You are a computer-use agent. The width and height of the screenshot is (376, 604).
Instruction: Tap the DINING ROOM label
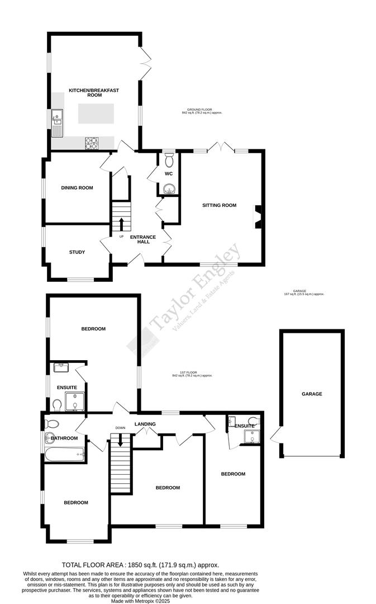pos(77,188)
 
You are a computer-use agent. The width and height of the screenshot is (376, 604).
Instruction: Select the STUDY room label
pos(77,252)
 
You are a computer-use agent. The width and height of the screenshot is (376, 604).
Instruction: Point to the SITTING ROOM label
pos(219,205)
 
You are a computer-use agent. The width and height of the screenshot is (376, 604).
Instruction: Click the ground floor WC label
pos(168,173)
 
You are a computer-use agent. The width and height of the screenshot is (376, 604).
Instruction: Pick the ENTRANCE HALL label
pos(143,240)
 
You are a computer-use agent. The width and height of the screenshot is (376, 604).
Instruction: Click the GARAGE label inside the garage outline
pos(312,394)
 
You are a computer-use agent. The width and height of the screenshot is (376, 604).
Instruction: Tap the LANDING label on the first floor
pos(145,424)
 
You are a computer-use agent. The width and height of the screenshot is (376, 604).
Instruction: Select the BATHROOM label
pos(64,438)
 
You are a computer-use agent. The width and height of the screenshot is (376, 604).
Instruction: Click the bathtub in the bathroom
pos(64,455)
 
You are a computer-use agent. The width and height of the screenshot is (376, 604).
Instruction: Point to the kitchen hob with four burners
pos(91,143)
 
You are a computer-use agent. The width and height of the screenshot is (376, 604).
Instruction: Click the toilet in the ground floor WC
pos(169,160)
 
